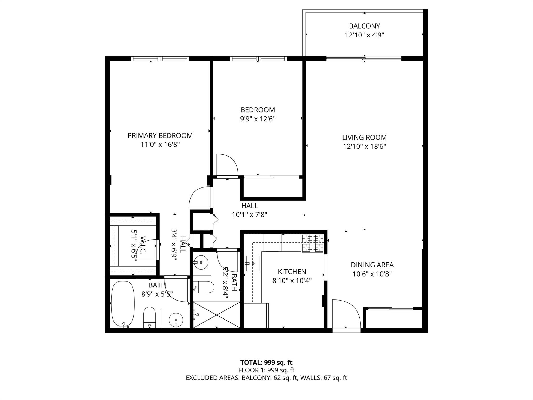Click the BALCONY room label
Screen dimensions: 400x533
tap(364, 26)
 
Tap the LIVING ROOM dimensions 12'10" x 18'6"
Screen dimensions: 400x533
tap(364, 146)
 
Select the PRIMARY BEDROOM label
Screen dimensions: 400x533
tap(160, 135)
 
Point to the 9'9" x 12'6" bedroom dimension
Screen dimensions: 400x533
tap(258, 119)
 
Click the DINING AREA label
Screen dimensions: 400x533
tap(372, 265)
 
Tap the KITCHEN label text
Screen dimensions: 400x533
tap(292, 272)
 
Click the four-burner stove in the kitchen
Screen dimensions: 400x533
tap(312, 243)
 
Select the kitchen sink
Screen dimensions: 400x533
tap(253, 263)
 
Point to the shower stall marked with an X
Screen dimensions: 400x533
tap(217, 315)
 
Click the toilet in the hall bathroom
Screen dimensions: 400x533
tap(204, 287)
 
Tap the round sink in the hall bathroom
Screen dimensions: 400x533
tap(202, 262)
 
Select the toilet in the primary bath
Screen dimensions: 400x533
tap(149, 317)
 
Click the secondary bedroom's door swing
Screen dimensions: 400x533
tap(227, 165)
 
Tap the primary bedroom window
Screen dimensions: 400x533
tap(160, 59)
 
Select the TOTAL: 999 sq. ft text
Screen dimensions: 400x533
tap(266, 362)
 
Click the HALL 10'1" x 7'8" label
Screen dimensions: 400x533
tap(250, 210)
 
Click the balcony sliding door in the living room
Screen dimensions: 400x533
tap(364, 59)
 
